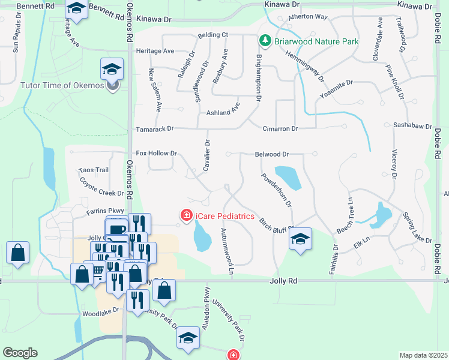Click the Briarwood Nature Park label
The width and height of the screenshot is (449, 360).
tap(316, 41)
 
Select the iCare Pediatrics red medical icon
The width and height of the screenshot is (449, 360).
tap(187, 214)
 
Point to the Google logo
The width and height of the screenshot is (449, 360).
tap(20, 353)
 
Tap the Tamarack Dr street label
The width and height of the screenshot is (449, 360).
tap(154, 128)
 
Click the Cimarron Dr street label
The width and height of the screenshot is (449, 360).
tap(280, 128)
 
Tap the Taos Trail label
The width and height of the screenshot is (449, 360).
tap(93, 170)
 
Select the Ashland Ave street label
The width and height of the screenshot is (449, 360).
tap(223, 112)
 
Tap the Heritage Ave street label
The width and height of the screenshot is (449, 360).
tap(155, 52)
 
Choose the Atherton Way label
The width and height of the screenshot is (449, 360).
tap(308, 17)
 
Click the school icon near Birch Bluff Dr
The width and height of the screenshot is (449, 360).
tap(300, 239)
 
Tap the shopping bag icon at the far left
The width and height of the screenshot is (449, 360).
tap(18, 253)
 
